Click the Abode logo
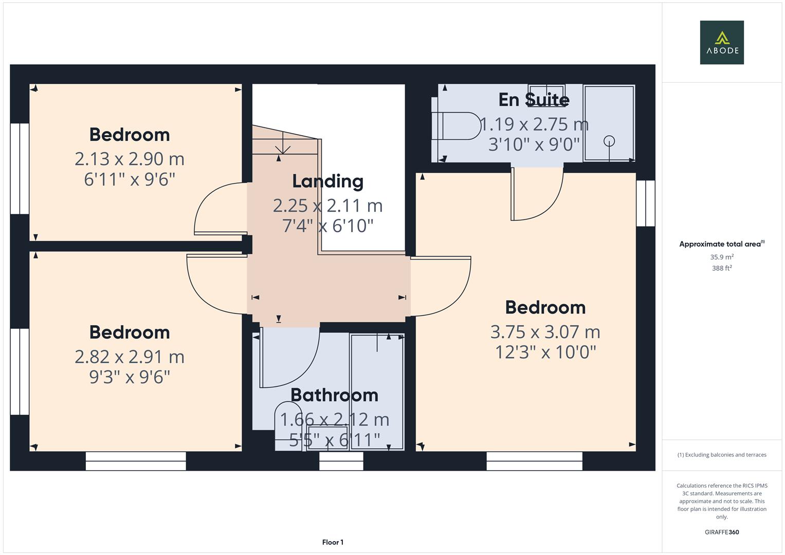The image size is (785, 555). (x=721, y=42)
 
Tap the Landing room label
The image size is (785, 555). (x=327, y=181)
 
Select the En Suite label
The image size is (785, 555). (x=534, y=100)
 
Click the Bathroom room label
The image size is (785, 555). (x=334, y=395)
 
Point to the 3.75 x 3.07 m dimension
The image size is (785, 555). (x=545, y=332)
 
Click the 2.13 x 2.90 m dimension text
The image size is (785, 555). (x=129, y=159)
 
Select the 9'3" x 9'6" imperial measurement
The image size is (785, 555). (x=129, y=377)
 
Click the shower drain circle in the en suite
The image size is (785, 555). (x=609, y=140)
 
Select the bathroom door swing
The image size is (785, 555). (x=290, y=360)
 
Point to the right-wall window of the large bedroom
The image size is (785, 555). (x=645, y=203)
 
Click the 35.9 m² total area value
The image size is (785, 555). (x=721, y=257)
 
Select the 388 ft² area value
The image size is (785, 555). (x=721, y=268)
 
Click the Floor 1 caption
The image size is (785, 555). (x=333, y=542)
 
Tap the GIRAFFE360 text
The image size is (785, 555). (x=721, y=532)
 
